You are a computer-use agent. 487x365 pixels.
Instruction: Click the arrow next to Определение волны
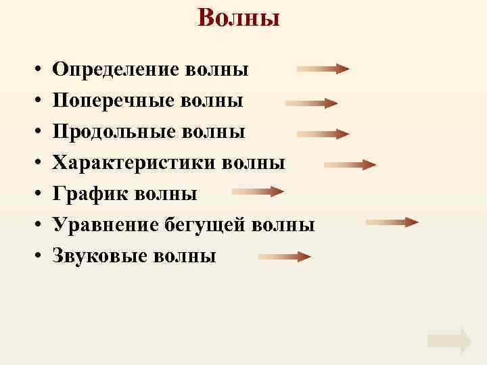323,69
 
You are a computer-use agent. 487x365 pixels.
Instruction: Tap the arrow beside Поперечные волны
312,103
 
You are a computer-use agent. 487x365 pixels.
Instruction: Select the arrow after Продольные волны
323,133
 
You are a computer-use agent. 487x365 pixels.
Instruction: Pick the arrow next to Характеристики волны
350,164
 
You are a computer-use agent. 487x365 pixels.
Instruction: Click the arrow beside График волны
258,193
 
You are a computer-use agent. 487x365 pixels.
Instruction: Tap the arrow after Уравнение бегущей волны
392,222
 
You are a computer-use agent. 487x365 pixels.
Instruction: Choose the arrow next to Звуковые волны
285,256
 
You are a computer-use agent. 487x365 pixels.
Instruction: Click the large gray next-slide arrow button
450,341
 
